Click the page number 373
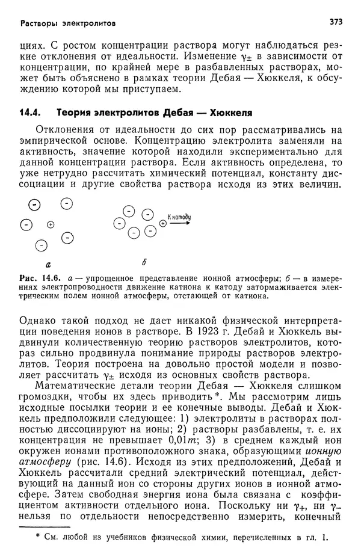[336, 22]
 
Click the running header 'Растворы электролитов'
[68, 23]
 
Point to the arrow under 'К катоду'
[180, 223]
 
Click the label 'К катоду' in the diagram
[179, 215]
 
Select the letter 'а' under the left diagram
[48, 263]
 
